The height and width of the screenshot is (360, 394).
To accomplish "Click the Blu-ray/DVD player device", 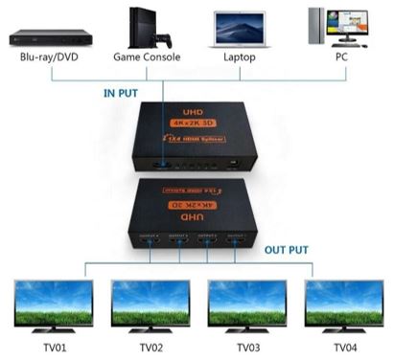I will (x=50, y=37).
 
